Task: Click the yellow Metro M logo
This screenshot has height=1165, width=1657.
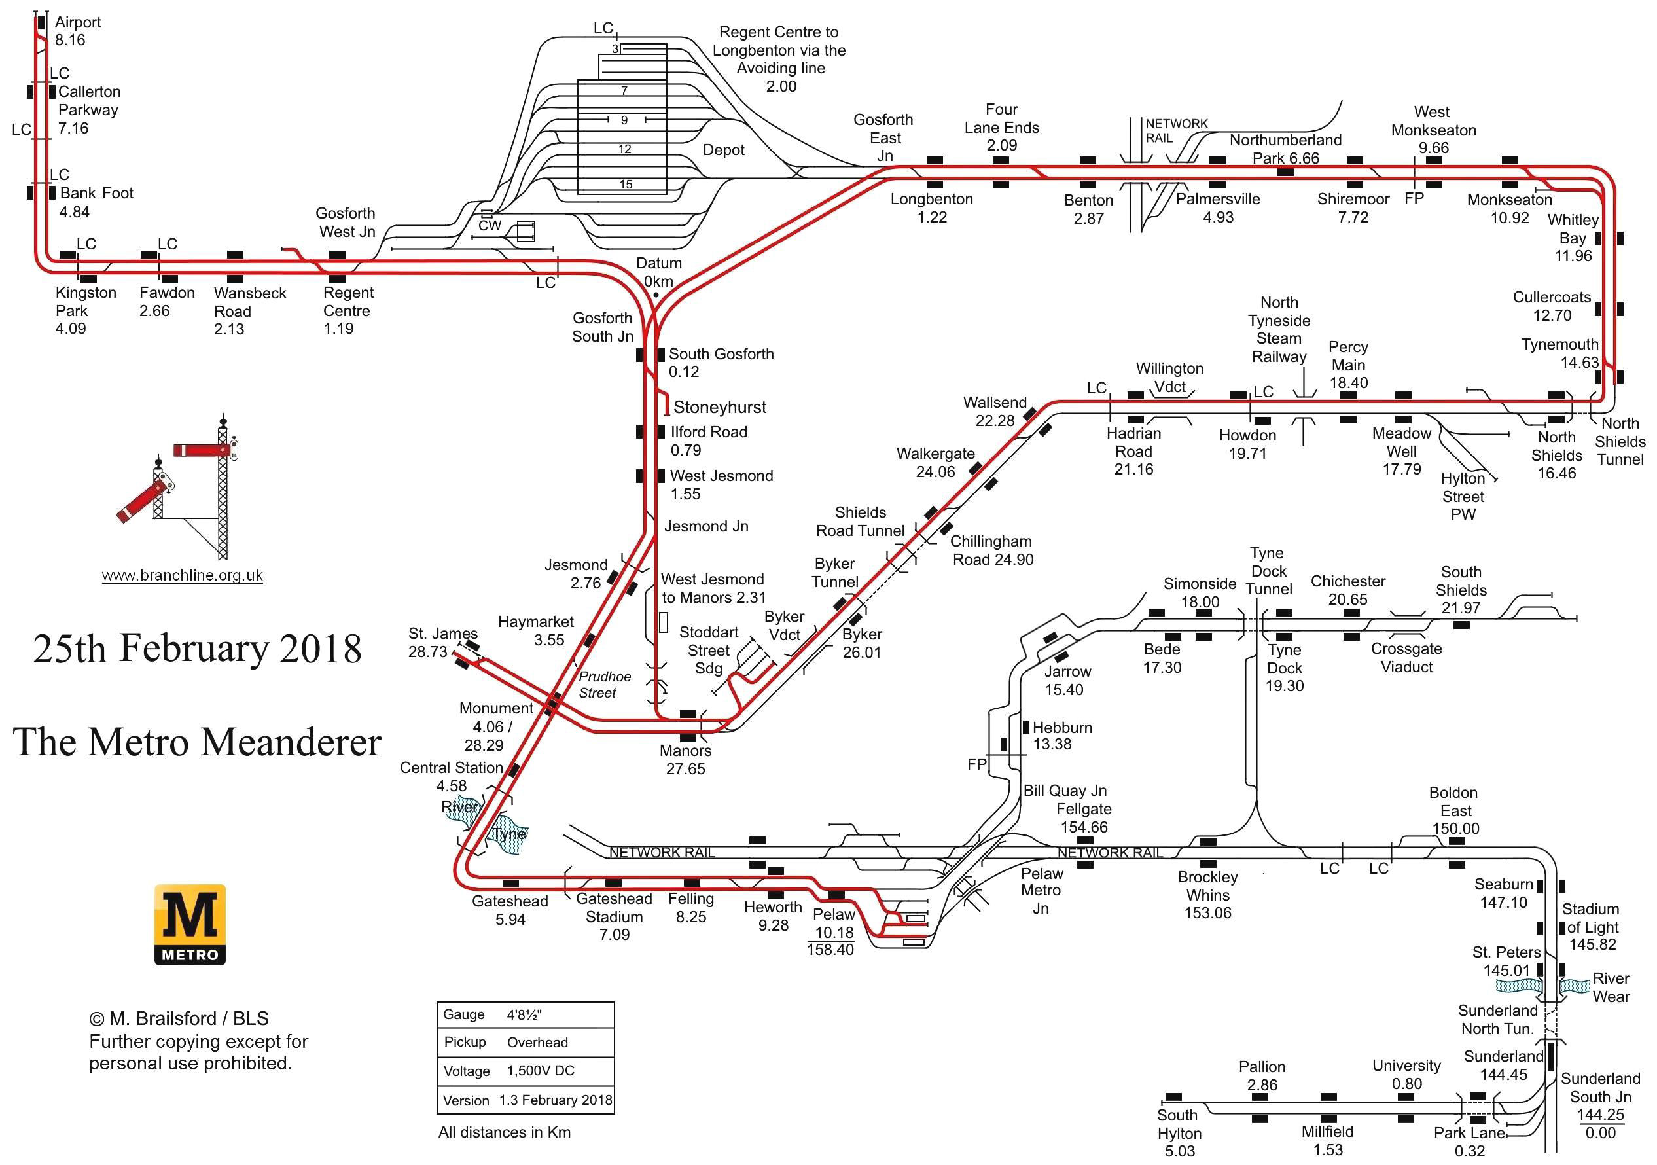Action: (x=190, y=924)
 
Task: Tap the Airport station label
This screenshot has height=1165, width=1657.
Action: (x=77, y=22)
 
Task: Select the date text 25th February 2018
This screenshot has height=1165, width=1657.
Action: (x=197, y=648)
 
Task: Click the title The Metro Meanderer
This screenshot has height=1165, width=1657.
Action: (x=197, y=742)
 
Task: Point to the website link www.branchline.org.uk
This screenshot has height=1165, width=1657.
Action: (x=182, y=575)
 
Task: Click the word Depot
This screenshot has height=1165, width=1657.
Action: (x=723, y=150)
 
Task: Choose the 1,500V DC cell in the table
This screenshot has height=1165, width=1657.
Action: (x=541, y=1071)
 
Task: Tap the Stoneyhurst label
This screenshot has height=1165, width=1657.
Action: (x=719, y=407)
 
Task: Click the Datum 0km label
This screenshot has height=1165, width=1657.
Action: (x=658, y=272)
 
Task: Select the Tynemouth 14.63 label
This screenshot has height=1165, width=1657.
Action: (x=1559, y=353)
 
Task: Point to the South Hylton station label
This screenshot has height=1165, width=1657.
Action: (x=1179, y=1132)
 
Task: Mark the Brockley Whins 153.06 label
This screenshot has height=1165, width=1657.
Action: (x=1207, y=895)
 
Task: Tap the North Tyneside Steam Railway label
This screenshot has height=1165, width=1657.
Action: (x=1279, y=329)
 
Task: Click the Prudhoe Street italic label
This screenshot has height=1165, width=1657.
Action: (x=604, y=685)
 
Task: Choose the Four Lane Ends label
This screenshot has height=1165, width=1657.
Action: (x=1002, y=127)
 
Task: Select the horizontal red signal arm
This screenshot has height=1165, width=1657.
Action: (x=202, y=450)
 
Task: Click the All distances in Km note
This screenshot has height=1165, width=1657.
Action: (x=504, y=1132)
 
